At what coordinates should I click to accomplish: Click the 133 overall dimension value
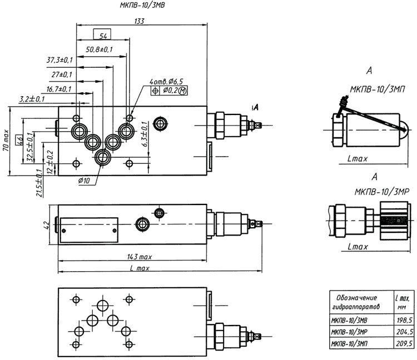point(139,21)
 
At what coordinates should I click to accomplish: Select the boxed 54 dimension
point(103,36)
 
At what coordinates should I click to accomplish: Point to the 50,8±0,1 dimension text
point(99,49)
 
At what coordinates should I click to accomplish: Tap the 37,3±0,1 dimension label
point(59,60)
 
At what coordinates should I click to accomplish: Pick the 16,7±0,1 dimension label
point(59,89)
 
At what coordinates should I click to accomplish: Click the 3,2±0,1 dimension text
point(32,99)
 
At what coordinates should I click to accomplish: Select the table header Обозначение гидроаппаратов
point(354,302)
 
